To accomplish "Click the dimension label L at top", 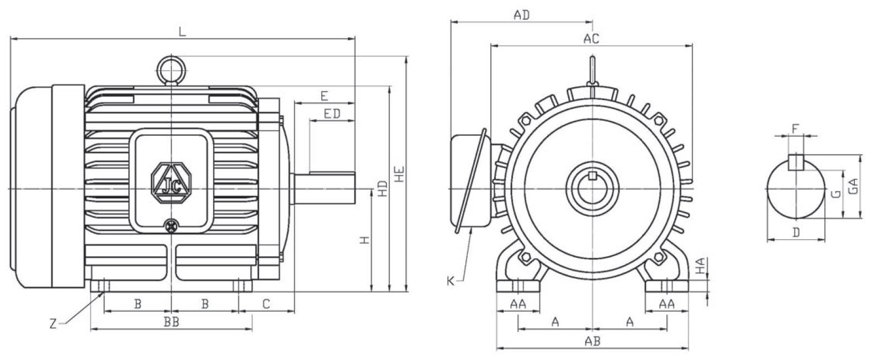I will point(182,31).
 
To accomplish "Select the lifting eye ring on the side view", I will point(171,69).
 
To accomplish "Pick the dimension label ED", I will point(331,114).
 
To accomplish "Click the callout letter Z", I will point(54,325).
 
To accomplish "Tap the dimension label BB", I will point(171,322).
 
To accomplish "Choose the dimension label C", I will point(266,304).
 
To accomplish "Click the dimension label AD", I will point(521,15).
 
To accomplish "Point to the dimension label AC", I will point(591,39).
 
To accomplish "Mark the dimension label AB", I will point(592,342).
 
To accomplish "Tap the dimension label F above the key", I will point(795,129).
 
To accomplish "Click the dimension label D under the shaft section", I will point(796,233).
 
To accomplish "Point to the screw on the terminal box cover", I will point(172,225).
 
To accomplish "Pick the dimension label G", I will point(836,193).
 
